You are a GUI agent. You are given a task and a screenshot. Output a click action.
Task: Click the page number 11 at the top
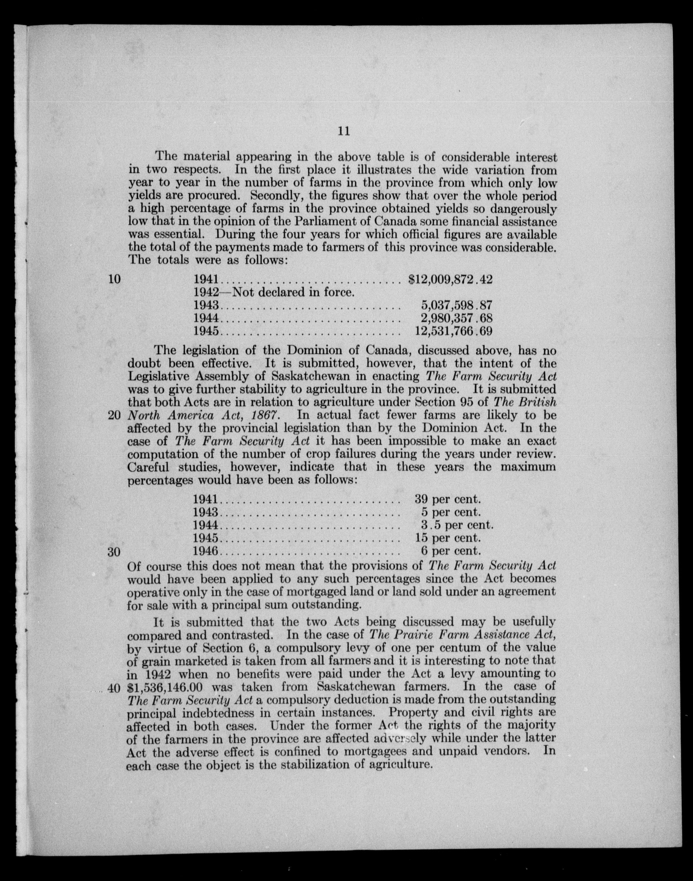pos(344,131)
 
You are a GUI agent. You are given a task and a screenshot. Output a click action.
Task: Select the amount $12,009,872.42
pos(450,279)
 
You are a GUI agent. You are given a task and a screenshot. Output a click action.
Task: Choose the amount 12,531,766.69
pos(453,331)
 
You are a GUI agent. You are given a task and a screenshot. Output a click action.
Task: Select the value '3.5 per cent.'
pos(457,525)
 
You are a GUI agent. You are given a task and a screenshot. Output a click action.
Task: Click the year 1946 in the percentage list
pos(206,551)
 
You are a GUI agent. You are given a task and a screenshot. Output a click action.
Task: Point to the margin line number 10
pos(115,279)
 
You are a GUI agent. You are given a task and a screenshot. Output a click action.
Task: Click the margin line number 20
pos(115,415)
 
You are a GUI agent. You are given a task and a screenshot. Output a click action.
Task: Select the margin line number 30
pos(115,552)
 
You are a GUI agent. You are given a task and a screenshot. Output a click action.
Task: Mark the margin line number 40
pos(115,688)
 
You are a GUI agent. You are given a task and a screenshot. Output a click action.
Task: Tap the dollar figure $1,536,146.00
pos(165,687)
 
